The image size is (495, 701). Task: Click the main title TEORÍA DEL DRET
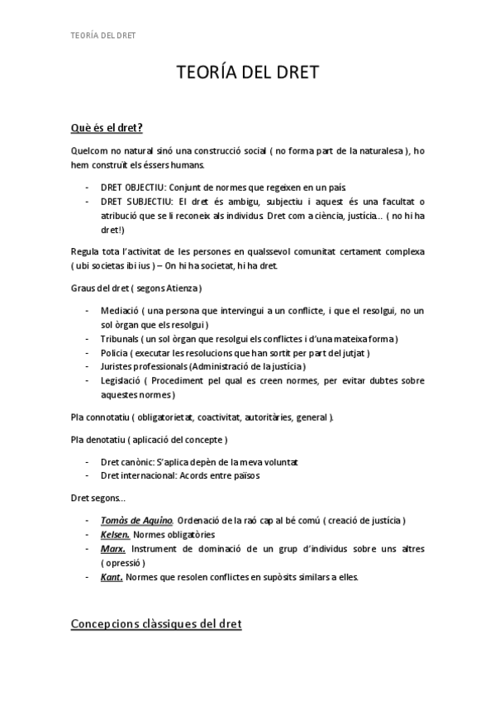coord(248,75)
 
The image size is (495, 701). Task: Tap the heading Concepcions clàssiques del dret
coord(156,624)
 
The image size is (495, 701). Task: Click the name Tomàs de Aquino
coord(136,520)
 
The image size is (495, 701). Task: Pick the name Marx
coord(113,549)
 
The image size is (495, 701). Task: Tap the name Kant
coord(112,577)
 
